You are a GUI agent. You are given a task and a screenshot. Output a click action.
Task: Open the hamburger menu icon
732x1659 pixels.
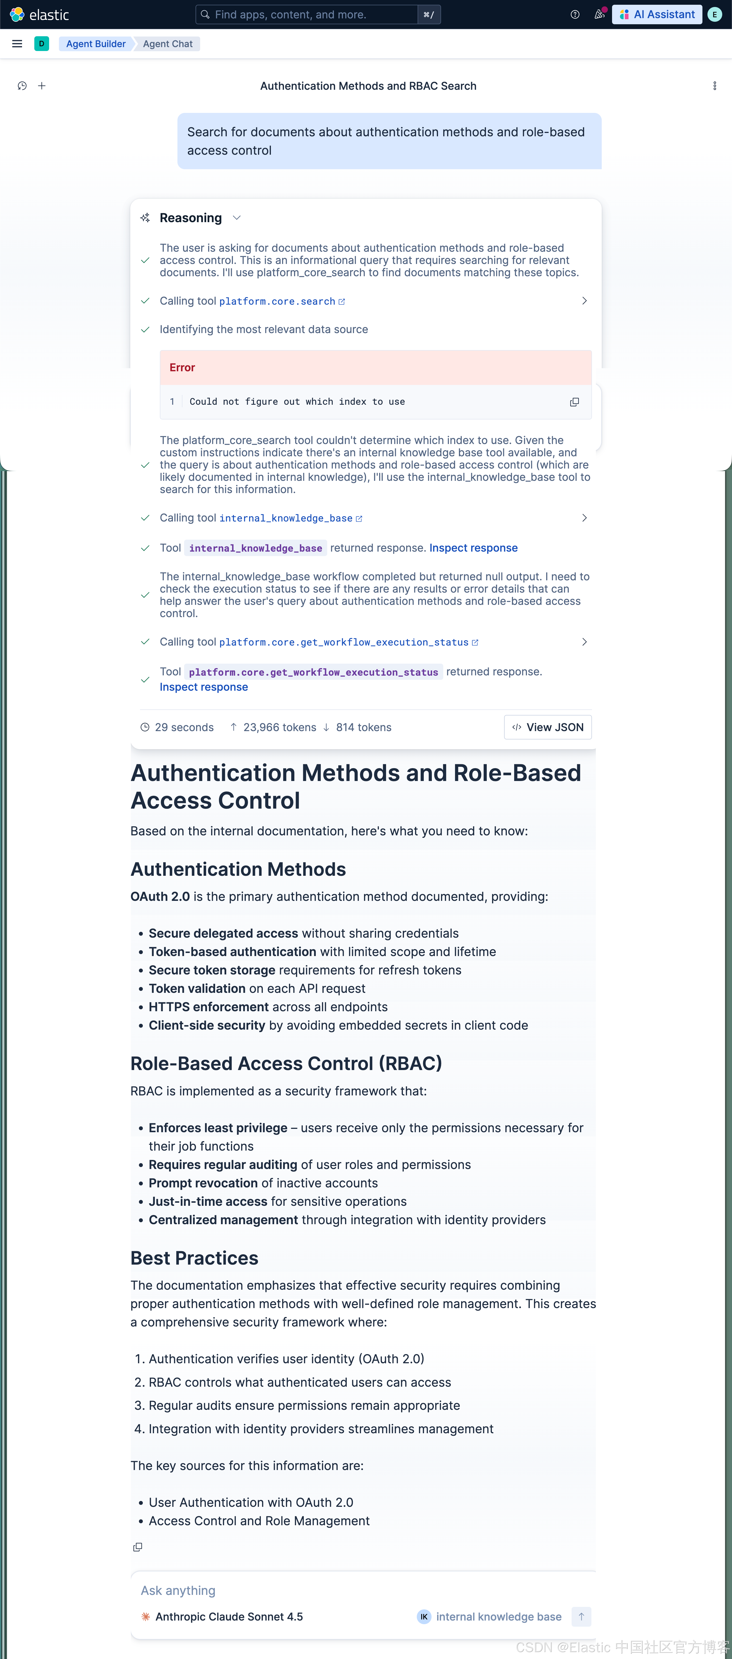tap(17, 44)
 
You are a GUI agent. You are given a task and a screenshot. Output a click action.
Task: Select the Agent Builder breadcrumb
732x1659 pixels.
tap(95, 44)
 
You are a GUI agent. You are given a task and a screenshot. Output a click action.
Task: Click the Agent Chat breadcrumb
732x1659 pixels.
tap(168, 44)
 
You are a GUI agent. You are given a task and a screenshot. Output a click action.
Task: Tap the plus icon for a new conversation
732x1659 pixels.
tap(42, 86)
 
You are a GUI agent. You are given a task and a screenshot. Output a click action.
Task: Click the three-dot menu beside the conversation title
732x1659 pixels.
tap(715, 86)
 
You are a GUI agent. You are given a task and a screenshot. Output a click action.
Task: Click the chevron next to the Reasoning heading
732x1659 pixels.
tap(237, 218)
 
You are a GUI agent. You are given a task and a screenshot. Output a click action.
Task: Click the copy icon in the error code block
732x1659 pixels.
tap(574, 402)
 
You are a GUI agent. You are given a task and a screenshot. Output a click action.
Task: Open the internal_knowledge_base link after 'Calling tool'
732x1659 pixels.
tap(286, 518)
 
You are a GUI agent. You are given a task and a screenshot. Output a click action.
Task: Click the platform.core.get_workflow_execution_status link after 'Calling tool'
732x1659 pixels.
tap(344, 642)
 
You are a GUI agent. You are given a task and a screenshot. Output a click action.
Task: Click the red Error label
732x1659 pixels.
tap(182, 368)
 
